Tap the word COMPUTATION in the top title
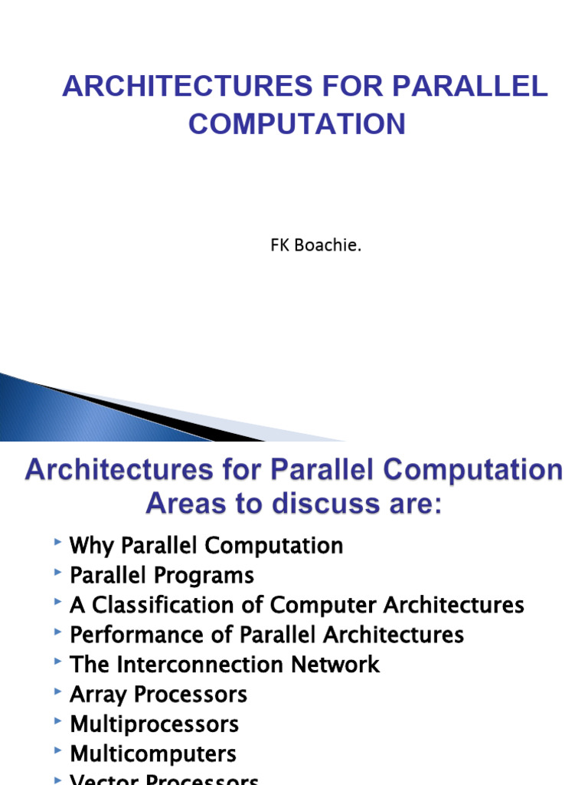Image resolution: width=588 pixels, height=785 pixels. [297, 123]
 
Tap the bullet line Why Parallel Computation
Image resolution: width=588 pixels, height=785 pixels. [206, 546]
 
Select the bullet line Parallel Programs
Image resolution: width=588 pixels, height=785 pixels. [162, 576]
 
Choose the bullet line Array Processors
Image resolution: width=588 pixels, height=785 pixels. [158, 695]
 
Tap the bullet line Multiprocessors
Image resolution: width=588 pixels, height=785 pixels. [154, 724]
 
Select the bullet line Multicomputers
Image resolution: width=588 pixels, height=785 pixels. [152, 754]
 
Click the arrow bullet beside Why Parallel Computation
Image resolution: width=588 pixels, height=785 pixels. [59, 543]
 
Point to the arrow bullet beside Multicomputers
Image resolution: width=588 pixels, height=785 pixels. [59, 751]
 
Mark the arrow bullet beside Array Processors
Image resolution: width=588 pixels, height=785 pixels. [59, 691]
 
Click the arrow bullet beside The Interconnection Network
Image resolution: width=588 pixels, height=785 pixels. [59, 661]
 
